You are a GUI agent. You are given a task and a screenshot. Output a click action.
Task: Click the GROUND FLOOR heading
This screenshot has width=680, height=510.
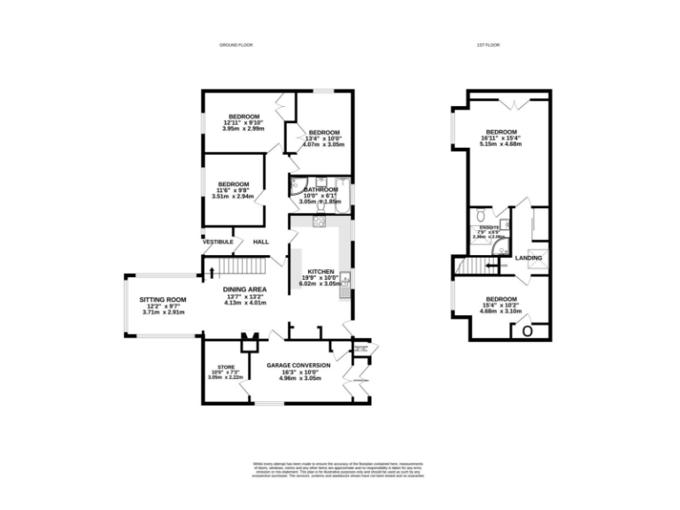tap(233, 45)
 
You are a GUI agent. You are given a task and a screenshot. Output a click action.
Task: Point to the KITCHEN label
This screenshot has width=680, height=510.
tap(319, 271)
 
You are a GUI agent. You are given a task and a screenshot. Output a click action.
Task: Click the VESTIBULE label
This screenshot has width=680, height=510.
tap(218, 242)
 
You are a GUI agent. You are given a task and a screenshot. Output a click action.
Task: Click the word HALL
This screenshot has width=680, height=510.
tap(261, 242)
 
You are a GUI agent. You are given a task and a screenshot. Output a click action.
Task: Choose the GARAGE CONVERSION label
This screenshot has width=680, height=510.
tap(298, 365)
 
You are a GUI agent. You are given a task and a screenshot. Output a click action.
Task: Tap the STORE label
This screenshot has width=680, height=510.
tap(226, 367)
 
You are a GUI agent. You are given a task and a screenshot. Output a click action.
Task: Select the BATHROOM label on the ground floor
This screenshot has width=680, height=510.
tap(321, 189)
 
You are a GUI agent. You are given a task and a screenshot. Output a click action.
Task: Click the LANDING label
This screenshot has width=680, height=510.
tap(529, 259)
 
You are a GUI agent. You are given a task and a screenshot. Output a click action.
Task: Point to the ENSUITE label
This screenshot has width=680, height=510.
tap(490, 228)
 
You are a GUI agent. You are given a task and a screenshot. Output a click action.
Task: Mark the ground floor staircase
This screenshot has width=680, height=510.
tap(243, 267)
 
